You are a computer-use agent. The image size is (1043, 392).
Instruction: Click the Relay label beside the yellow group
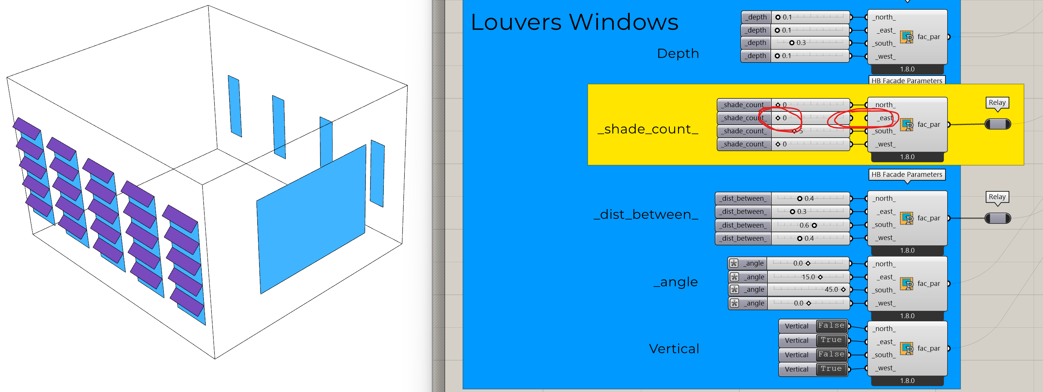pos(997,102)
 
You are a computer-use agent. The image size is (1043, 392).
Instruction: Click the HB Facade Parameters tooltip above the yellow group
pos(907,80)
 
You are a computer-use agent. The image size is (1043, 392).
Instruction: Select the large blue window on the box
pos(312,219)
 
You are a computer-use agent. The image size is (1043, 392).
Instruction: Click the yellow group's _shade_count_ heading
pos(648,129)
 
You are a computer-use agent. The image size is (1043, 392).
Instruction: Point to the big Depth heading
pos(678,53)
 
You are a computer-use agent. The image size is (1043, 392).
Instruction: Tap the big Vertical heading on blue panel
pos(674,349)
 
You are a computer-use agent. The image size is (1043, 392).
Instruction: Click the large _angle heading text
pos(676,282)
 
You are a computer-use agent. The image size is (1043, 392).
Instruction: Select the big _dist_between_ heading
pos(646,214)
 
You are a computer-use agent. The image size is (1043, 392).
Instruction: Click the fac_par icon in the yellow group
pos(907,125)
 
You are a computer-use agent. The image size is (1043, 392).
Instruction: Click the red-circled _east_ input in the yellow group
pos(885,118)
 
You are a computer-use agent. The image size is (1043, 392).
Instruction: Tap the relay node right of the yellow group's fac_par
pos(998,124)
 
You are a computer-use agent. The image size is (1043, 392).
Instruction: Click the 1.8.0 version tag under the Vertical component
pos(907,381)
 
